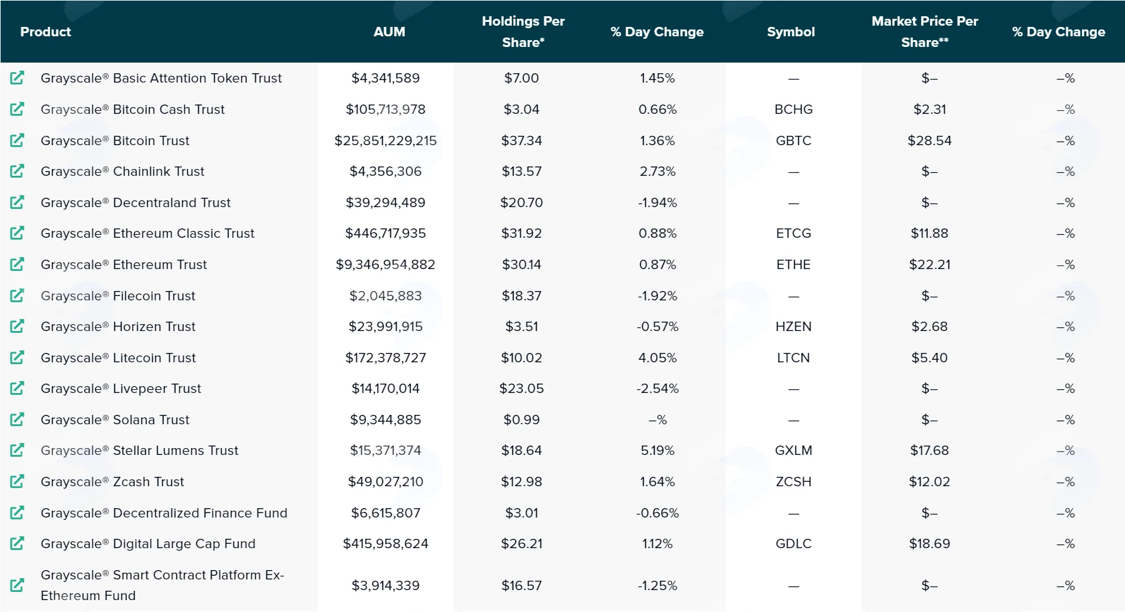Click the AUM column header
pos(389,32)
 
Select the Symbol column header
pos(791,32)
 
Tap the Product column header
pos(46,32)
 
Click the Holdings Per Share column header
pos(523,32)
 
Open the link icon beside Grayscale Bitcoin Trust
pos(18,140)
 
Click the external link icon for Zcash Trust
pos(18,481)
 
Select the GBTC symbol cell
pos(793,141)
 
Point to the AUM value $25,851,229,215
pos(385,141)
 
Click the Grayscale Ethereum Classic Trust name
pos(148,233)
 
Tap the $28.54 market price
pos(930,141)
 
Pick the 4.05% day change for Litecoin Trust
pos(658,358)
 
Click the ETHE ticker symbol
pos(793,265)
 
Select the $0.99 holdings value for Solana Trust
pos(522,420)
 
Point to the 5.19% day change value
pos(658,451)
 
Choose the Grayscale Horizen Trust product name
pos(118,327)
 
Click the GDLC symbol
pos(793,544)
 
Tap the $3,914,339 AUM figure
pos(385,586)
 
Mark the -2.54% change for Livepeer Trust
pos(658,389)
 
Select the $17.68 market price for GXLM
pos(930,451)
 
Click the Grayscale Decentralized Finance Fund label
pos(164,513)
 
